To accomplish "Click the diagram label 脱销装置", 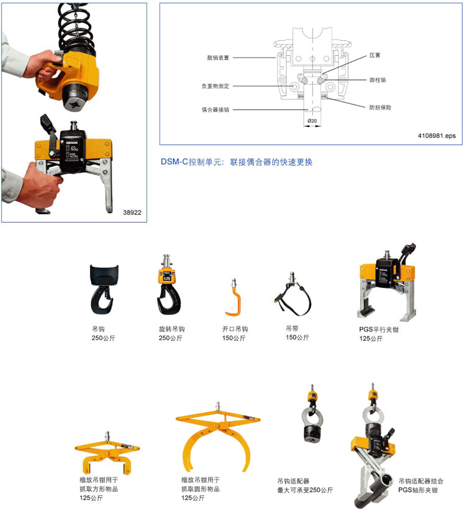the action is point(218,58).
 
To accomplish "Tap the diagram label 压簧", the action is point(374,55).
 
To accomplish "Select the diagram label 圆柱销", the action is point(378,80).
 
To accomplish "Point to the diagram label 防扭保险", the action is point(380,108).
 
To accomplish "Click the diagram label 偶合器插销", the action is point(215,110).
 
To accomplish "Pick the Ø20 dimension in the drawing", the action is point(312,121).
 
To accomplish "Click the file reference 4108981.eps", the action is point(436,136).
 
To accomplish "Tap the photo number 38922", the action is point(132,212).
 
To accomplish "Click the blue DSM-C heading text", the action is point(236,162).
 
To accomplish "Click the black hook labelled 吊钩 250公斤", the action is point(104,289).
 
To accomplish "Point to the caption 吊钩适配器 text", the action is point(293,481).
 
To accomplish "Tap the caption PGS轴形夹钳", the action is point(418,490).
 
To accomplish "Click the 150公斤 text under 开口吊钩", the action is point(234,338).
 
